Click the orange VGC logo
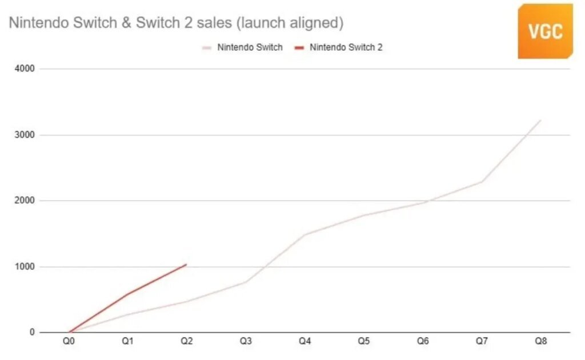[545, 31]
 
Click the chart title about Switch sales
[175, 23]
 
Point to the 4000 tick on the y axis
[26, 69]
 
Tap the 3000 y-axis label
[26, 135]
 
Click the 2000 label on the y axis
[26, 201]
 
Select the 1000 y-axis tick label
[26, 267]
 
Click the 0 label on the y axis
[33, 333]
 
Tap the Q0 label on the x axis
[69, 341]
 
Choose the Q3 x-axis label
[246, 341]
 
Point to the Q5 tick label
[364, 341]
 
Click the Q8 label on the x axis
[540, 341]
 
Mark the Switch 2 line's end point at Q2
[186, 264]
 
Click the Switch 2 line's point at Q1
[127, 294]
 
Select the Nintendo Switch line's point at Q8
[540, 120]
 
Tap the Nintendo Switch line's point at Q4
[304, 234]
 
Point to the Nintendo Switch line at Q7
[482, 182]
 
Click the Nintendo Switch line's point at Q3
[246, 282]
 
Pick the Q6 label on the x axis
[423, 341]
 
